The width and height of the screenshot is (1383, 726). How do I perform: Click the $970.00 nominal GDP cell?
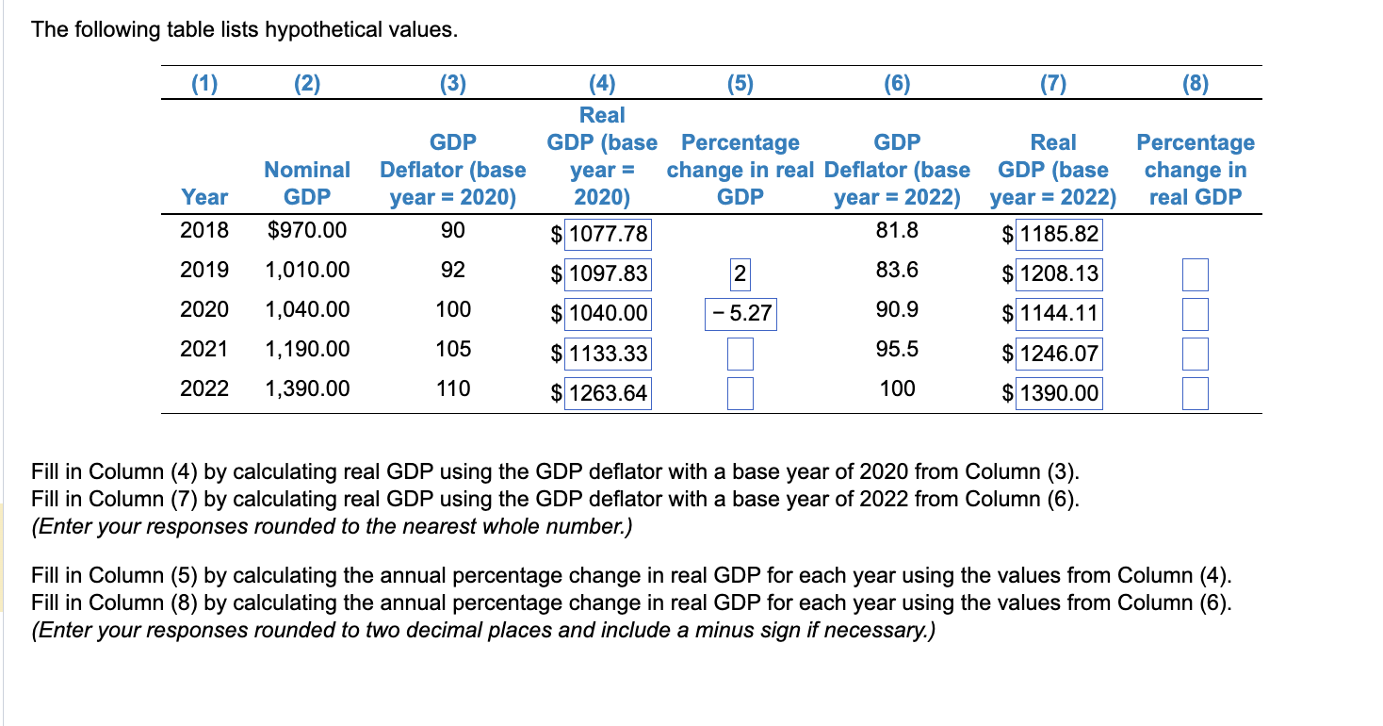pyautogui.click(x=307, y=231)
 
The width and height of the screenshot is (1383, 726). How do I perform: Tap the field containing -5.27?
pyautogui.click(x=740, y=314)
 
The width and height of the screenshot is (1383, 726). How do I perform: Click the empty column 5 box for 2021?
pyautogui.click(x=740, y=354)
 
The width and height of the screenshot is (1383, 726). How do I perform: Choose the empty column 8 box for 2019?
pyautogui.click(x=1195, y=274)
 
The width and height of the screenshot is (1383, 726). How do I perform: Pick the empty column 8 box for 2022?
pyautogui.click(x=1195, y=393)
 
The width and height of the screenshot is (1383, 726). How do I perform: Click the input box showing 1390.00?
pyautogui.click(x=1058, y=393)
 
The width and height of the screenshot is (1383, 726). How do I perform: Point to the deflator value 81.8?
pyautogui.click(x=897, y=231)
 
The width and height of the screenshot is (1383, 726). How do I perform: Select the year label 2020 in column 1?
pyautogui.click(x=204, y=310)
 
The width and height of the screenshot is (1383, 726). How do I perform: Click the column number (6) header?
pyautogui.click(x=897, y=84)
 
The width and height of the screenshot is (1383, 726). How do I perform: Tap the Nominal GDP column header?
pyautogui.click(x=307, y=183)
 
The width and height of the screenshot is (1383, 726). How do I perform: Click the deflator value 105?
pyautogui.click(x=453, y=350)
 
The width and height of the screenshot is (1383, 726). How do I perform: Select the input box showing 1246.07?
pyautogui.click(x=1058, y=354)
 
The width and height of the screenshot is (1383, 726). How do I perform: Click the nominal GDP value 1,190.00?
pyautogui.click(x=307, y=350)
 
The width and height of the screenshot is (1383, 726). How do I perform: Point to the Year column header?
pyautogui.click(x=204, y=197)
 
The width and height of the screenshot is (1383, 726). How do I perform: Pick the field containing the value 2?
pyautogui.click(x=740, y=274)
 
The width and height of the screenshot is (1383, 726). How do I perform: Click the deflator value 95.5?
pyautogui.click(x=897, y=350)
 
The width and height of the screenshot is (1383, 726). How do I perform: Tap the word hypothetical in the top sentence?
pyautogui.click(x=325, y=30)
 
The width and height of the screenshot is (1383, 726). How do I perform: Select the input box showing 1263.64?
pyautogui.click(x=607, y=393)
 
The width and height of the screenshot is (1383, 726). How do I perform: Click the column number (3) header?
pyautogui.click(x=453, y=84)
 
